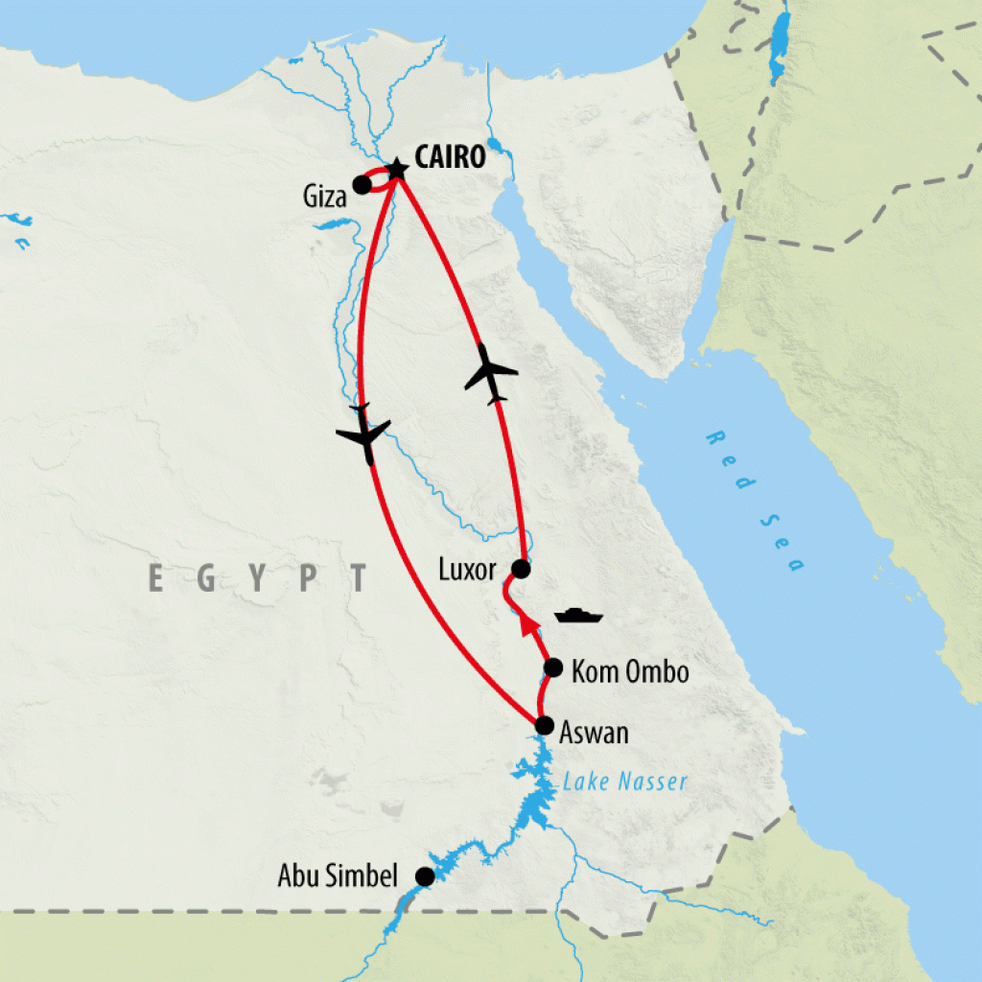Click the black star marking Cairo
coord(395,169)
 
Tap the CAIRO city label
coord(451,158)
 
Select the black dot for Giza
coord(362,184)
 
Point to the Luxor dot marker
coord(521,569)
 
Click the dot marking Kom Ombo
coord(553,667)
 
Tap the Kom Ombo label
coord(629,671)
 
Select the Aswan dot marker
coord(545,724)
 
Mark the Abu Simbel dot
coord(424,876)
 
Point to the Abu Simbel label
coord(338,876)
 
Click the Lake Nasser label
coord(625,782)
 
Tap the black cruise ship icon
coord(575,615)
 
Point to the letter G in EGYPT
coord(210,579)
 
